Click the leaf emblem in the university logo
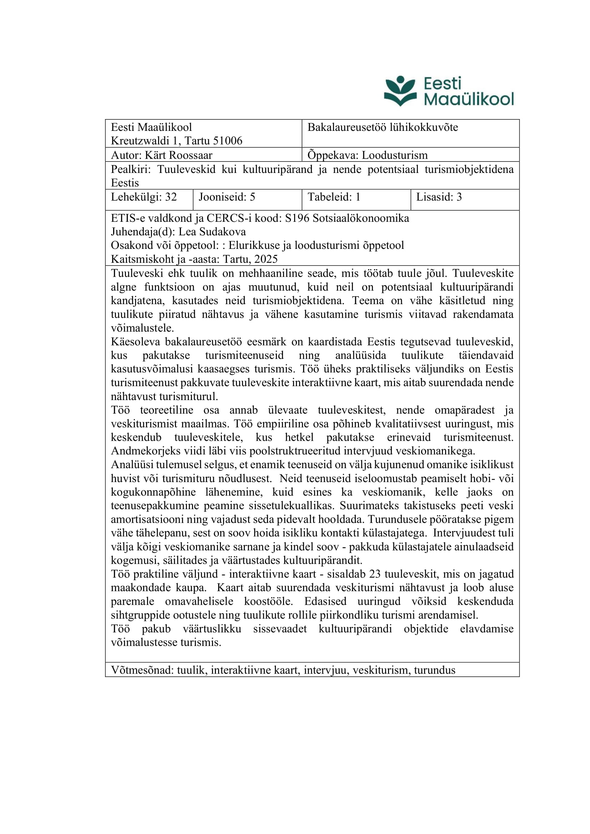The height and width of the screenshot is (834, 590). (400, 91)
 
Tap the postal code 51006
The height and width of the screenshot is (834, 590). (228, 140)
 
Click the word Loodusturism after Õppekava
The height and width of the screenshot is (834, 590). (395, 155)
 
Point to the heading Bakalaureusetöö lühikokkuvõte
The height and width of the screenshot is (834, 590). (382, 127)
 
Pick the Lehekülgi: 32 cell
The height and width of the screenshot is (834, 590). (144, 197)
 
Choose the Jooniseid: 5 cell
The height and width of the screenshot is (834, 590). (227, 197)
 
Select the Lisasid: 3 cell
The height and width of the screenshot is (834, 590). (439, 197)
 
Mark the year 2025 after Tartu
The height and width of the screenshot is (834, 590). (266, 259)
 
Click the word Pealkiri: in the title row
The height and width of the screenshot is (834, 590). (131, 169)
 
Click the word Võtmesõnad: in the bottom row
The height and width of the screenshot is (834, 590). (142, 670)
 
